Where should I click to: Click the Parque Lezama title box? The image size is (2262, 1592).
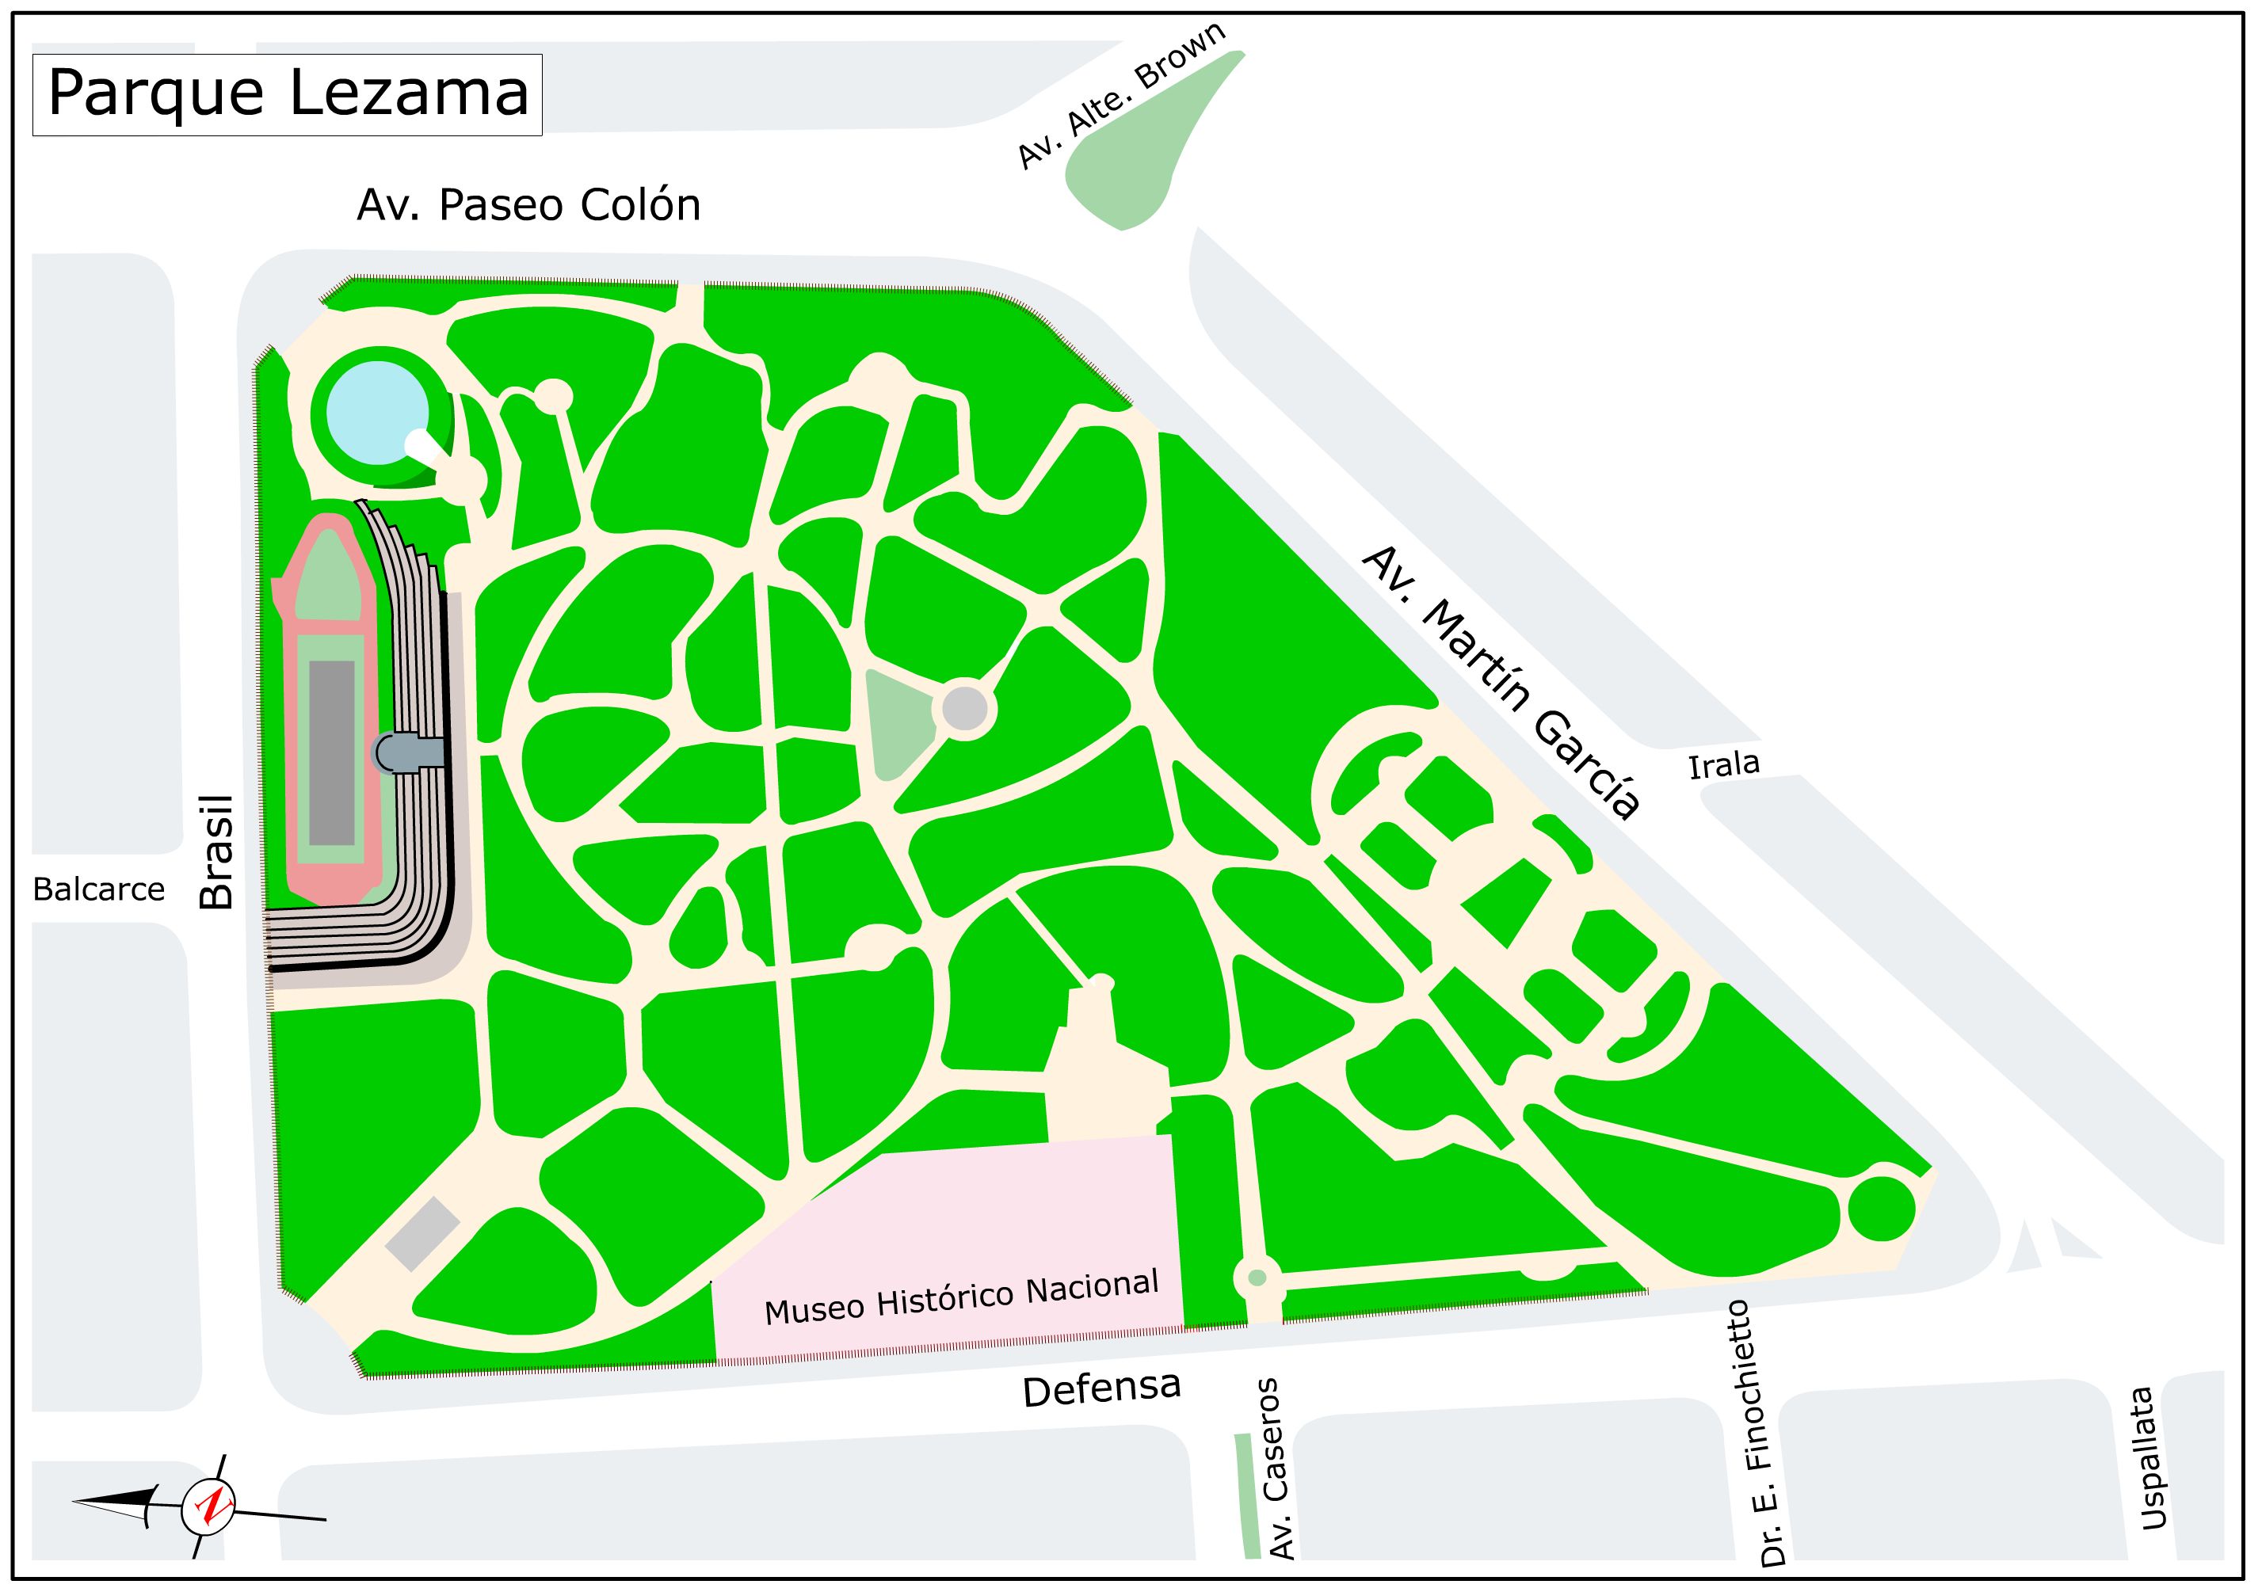coord(287,94)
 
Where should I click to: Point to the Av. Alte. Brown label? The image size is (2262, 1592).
coord(1121,97)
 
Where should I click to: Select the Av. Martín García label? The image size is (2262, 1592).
coord(1500,682)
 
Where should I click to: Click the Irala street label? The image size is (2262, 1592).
coord(1723,764)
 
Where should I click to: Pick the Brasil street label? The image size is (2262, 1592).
coord(217,852)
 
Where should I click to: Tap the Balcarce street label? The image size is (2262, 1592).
coord(98,889)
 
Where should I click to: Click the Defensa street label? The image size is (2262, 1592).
coord(1100,1389)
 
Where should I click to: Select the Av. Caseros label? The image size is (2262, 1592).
coord(1277,1468)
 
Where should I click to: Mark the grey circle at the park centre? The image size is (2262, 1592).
coord(964,708)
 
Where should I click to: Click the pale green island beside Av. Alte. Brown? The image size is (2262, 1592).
coord(1142,148)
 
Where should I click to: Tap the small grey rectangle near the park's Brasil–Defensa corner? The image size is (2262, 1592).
coord(422,1233)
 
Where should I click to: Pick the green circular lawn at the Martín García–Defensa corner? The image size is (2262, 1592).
coord(1881,1208)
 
